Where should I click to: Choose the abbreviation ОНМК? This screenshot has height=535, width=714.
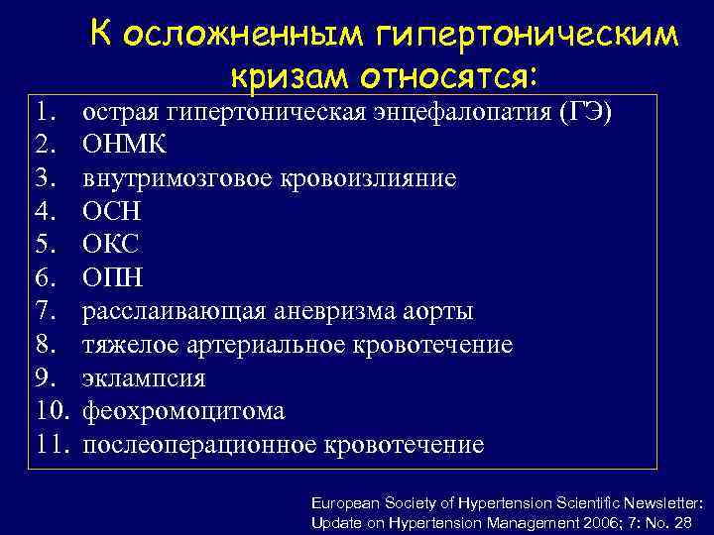[x=124, y=145]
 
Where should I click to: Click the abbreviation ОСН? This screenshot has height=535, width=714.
[x=111, y=212]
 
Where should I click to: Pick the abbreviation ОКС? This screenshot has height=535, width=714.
[x=111, y=245]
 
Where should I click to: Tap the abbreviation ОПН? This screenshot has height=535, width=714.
[x=112, y=278]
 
